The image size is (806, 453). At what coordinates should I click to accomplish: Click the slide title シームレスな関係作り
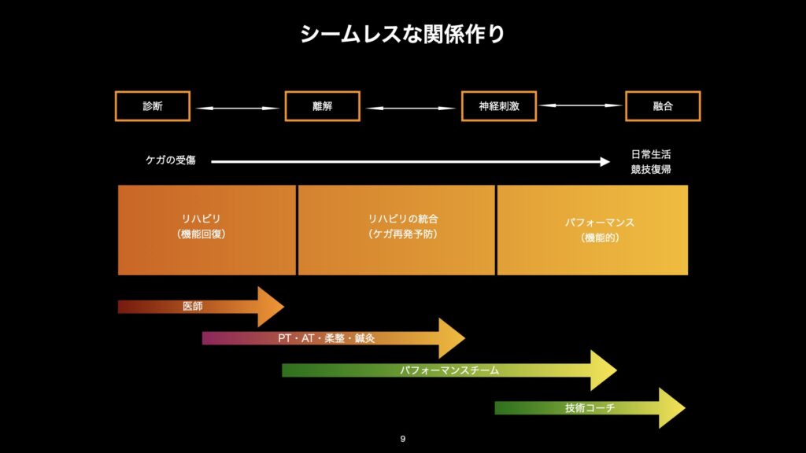tap(402, 35)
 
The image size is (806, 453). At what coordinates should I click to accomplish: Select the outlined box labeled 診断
tap(153, 106)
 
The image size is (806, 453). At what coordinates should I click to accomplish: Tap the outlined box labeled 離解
tap(322, 106)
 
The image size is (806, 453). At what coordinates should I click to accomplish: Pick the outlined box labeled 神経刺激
tap(499, 106)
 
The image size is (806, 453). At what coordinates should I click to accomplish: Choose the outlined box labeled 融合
tap(663, 106)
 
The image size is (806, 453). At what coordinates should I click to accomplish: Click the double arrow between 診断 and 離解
tap(237, 108)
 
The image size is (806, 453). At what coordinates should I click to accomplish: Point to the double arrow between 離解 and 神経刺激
tap(411, 108)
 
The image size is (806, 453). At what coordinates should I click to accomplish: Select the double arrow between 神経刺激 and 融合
tap(581, 105)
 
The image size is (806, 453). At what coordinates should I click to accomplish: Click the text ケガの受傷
tap(170, 160)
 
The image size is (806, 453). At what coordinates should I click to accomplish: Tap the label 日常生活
tap(651, 154)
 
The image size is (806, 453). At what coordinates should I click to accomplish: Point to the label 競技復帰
tap(651, 169)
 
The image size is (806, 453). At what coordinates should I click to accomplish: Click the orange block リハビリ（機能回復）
tap(207, 230)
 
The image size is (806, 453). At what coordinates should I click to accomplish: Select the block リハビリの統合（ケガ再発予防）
tap(396, 230)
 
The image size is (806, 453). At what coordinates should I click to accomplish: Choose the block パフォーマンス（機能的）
tap(592, 230)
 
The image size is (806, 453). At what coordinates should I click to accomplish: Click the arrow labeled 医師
tap(197, 307)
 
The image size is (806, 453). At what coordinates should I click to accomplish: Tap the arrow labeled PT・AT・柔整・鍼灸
tap(331, 338)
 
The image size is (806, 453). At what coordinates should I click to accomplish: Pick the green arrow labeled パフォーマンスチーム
tap(449, 370)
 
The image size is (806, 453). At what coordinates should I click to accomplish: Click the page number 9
tap(403, 439)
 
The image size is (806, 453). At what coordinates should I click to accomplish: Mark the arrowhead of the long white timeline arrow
tap(604, 162)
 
